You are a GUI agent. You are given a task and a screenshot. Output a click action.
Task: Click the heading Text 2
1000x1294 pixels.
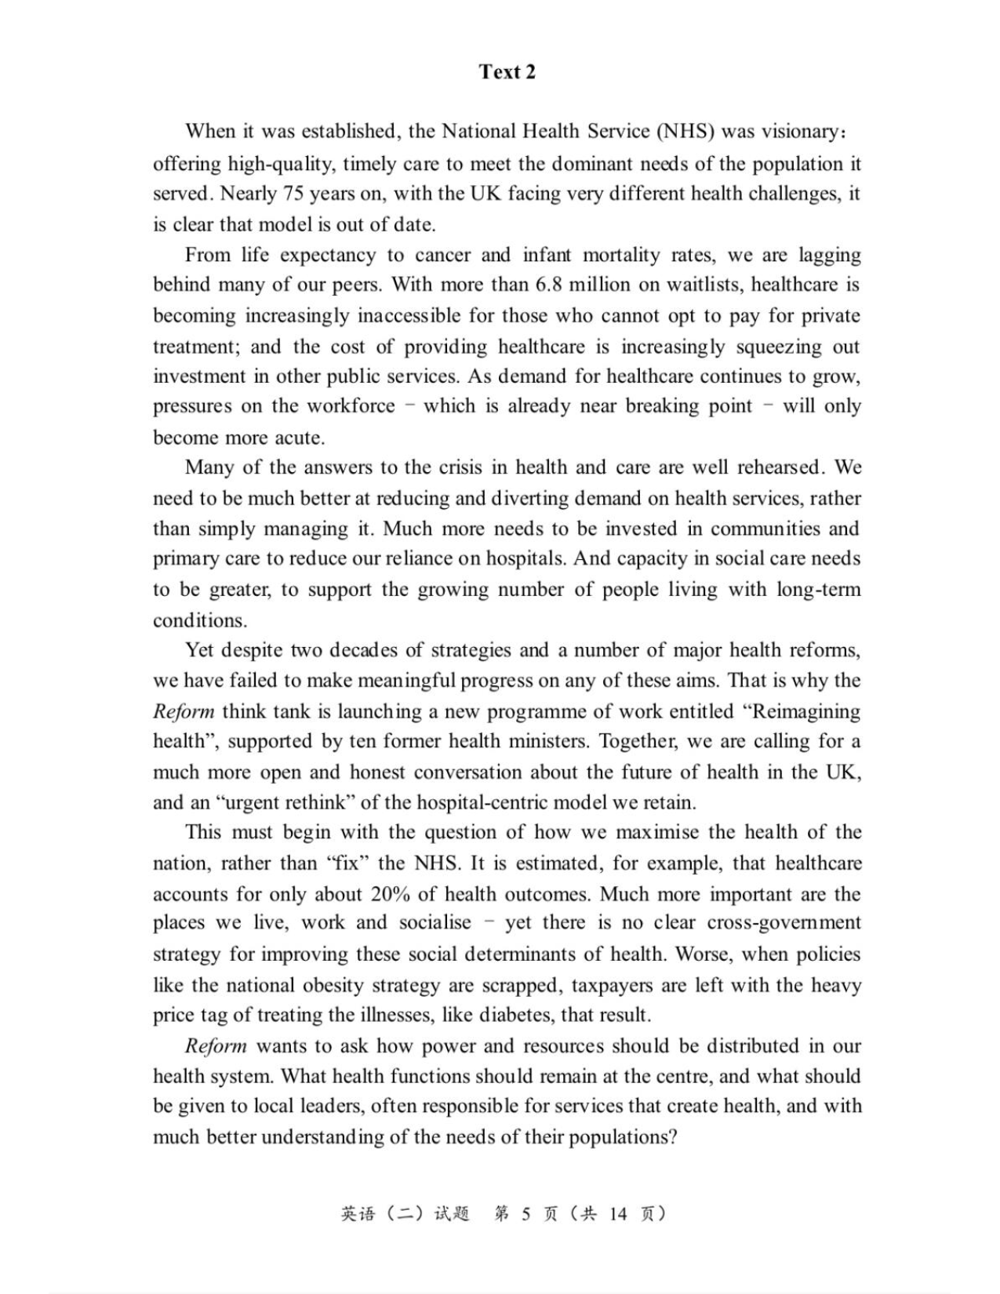507,72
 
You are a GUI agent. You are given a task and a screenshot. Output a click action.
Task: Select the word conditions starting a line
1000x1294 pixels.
199,620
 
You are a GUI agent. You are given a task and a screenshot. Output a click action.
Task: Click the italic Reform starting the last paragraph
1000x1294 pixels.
216,1047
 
